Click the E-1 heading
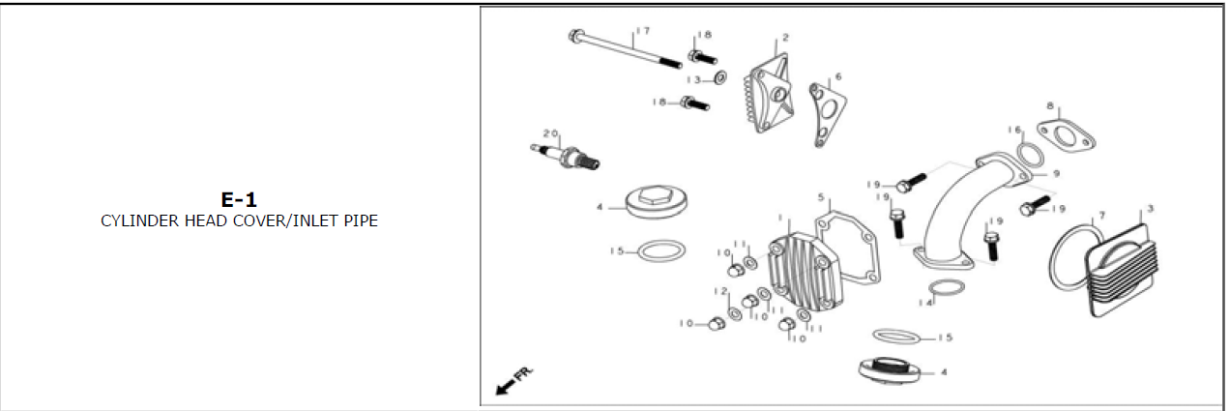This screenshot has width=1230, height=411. [x=239, y=200]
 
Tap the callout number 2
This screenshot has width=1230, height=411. [x=785, y=38]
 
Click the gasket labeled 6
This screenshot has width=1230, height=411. [x=826, y=110]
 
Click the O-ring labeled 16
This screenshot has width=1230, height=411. [x=1031, y=155]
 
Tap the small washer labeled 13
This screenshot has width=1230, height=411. [x=720, y=77]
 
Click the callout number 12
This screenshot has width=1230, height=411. [x=719, y=291]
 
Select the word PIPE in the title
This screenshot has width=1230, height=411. [x=359, y=221]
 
